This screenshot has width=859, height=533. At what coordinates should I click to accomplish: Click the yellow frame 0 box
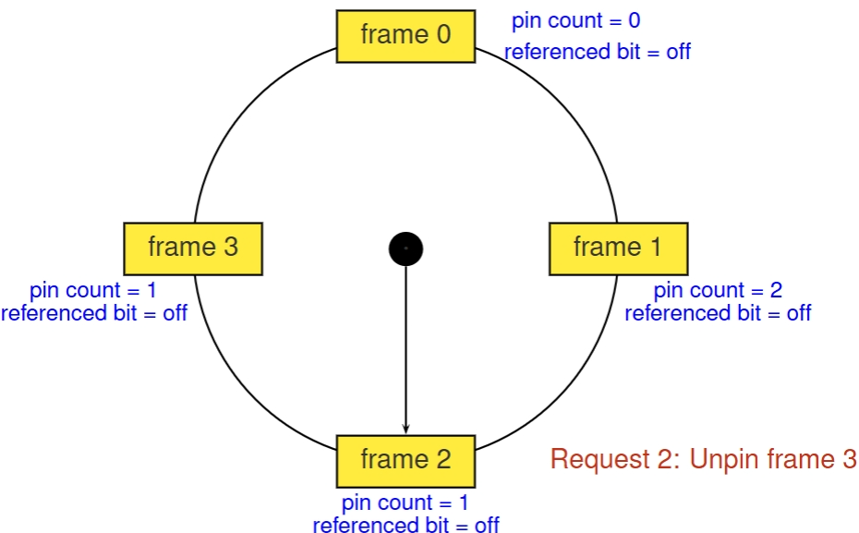[405, 36]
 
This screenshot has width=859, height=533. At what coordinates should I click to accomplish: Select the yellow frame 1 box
[618, 248]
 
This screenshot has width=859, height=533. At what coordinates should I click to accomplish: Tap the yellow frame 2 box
[405, 460]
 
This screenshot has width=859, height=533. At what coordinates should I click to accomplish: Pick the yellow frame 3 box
[193, 248]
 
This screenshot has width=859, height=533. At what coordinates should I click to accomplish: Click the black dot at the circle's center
[405, 248]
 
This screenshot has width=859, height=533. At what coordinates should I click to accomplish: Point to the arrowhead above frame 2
[405, 428]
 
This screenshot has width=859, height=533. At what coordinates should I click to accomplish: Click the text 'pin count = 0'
[575, 21]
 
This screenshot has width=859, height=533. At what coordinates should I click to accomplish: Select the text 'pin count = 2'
[718, 291]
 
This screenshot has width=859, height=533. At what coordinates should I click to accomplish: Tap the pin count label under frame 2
[405, 503]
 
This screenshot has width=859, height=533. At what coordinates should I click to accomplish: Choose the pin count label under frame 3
[93, 291]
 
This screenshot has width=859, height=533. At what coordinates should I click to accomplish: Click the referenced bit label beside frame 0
[598, 52]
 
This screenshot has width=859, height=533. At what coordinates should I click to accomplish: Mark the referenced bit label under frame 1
[718, 313]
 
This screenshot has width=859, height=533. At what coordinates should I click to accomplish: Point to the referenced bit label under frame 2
[405, 526]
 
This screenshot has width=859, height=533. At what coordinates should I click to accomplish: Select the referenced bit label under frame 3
[94, 313]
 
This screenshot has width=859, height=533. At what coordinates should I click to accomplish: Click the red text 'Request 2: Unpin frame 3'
[704, 459]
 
